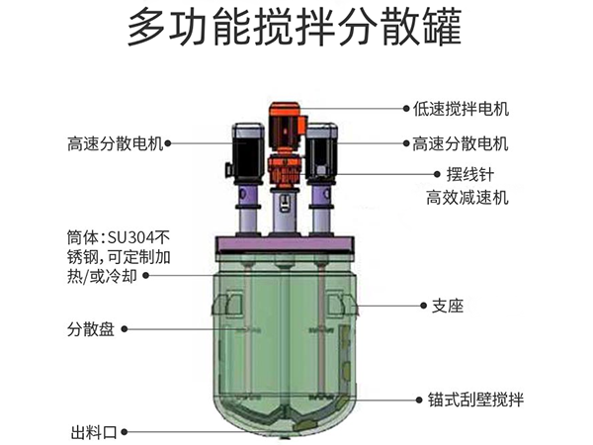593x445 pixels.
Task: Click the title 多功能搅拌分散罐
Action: click(x=295, y=28)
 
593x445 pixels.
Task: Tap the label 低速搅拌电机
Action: click(x=461, y=110)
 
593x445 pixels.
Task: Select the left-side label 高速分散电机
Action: click(x=116, y=143)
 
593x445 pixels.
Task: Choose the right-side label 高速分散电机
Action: click(x=461, y=143)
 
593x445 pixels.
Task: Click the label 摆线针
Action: click(x=470, y=174)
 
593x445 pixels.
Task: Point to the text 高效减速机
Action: click(x=467, y=198)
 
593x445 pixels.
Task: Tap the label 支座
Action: click(x=448, y=306)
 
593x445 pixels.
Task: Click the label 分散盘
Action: click(x=91, y=329)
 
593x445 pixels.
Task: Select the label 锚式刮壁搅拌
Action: click(x=475, y=400)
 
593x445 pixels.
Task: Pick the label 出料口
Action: click(x=94, y=432)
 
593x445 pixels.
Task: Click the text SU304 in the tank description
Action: click(x=131, y=238)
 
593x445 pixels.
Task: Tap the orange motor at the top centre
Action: click(x=287, y=145)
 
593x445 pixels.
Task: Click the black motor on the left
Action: click(x=248, y=150)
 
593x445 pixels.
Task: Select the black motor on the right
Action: click(x=321, y=150)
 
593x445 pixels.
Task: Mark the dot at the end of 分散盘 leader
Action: click(x=125, y=329)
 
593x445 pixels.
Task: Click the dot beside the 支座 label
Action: click(x=424, y=306)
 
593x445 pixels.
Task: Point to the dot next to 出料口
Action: click(x=125, y=432)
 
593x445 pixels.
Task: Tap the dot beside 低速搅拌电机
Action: click(x=406, y=109)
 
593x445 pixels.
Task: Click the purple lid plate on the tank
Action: click(x=285, y=244)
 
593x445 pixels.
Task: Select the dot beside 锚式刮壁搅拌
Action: click(x=419, y=400)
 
